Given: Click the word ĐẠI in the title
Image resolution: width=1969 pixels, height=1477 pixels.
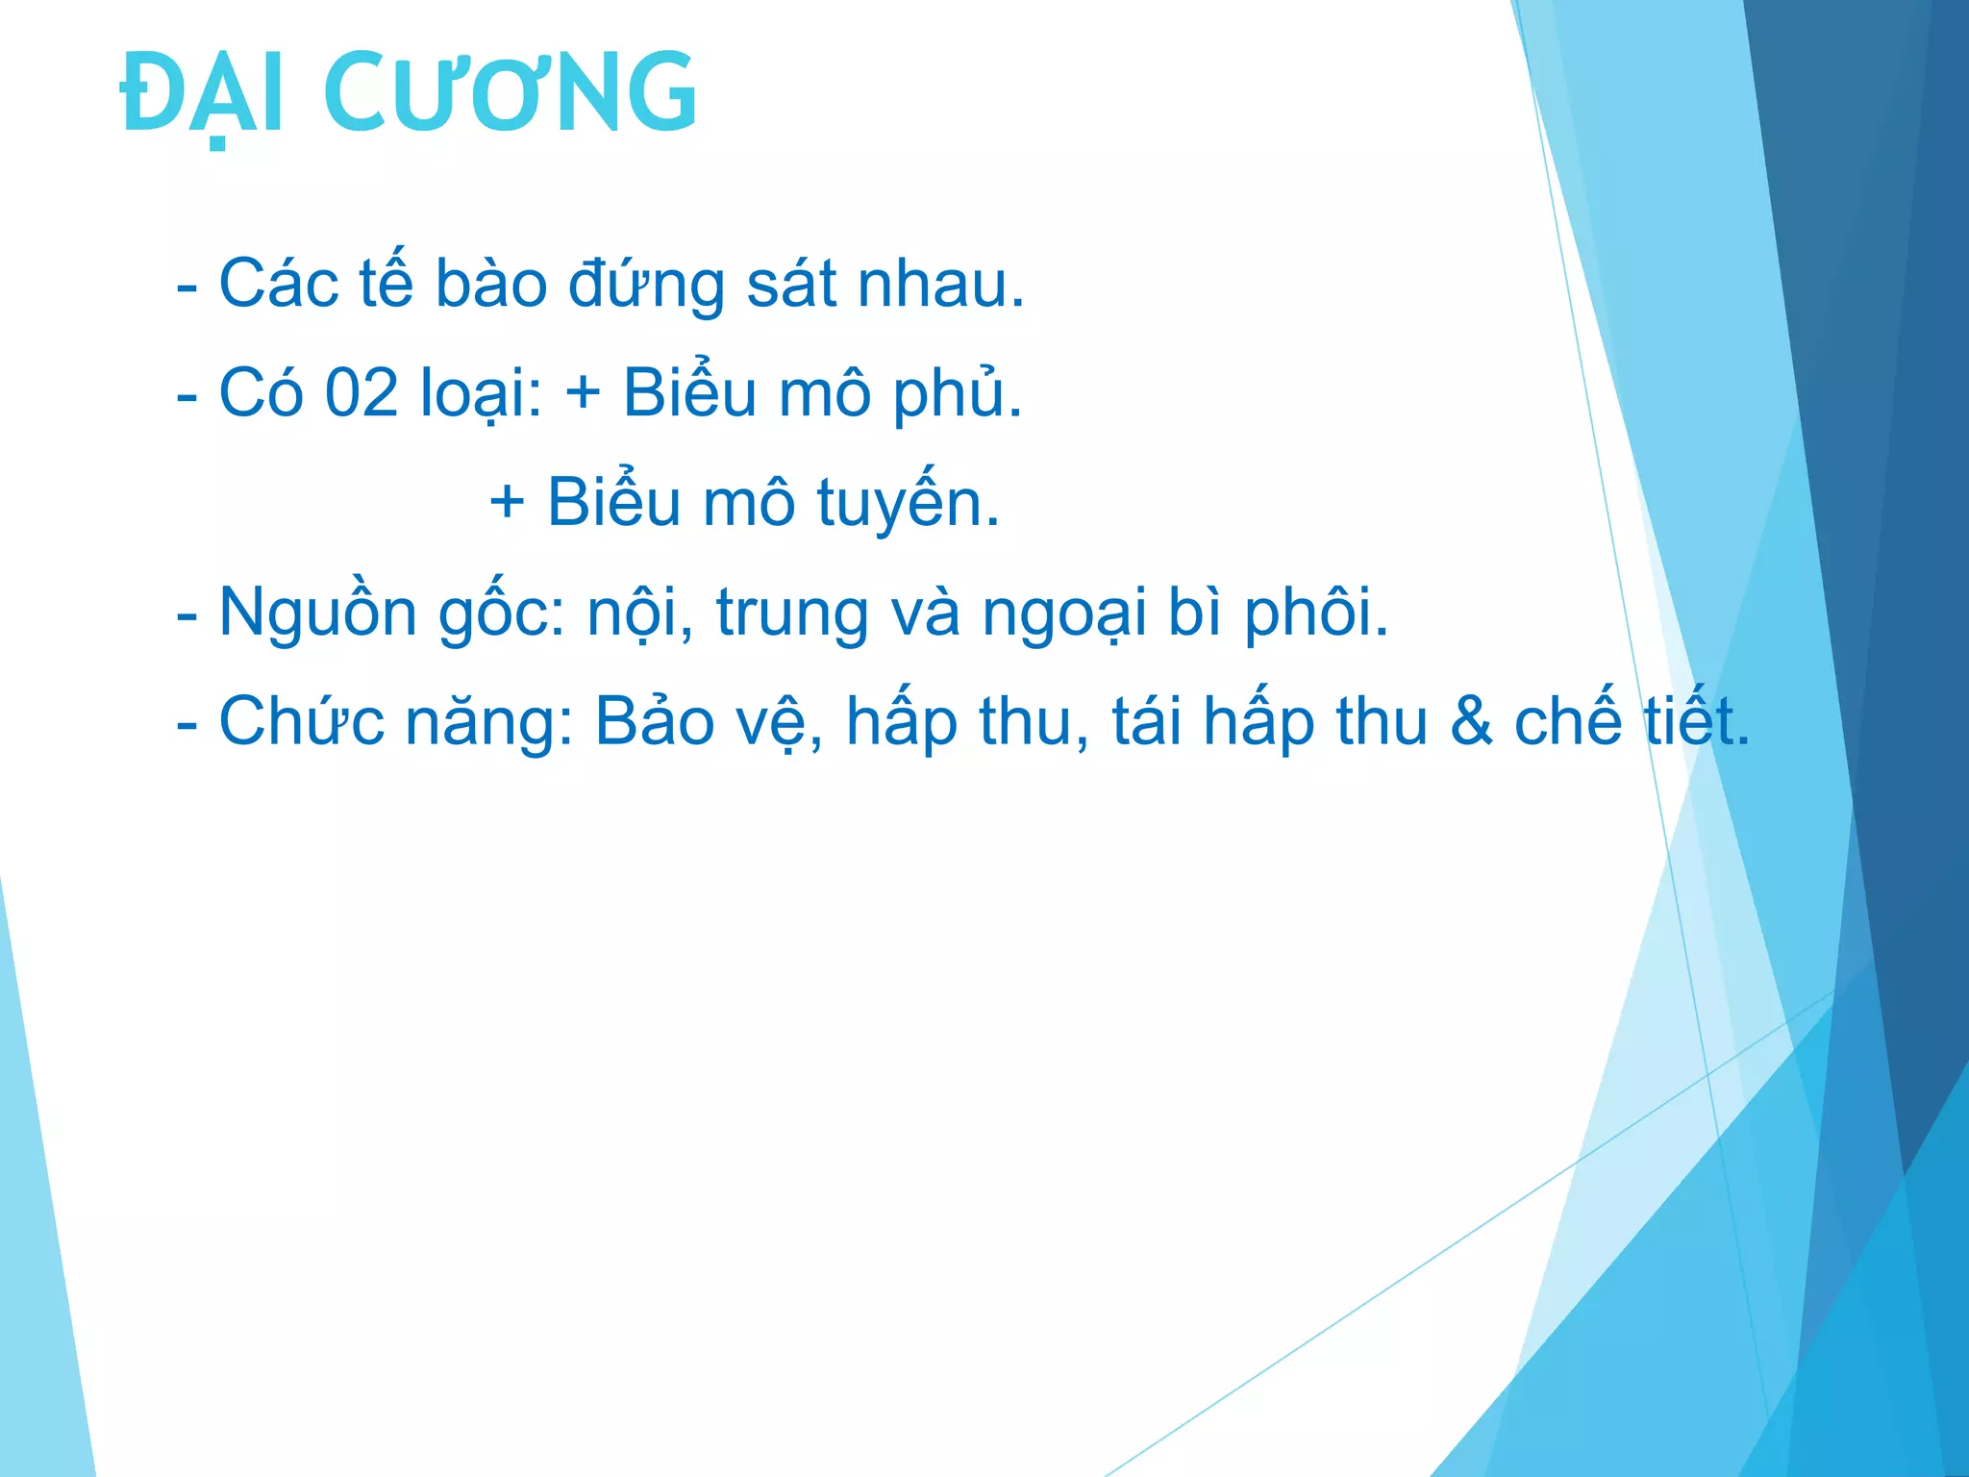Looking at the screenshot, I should tap(202, 93).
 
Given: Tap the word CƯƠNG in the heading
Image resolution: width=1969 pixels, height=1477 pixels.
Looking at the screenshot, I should tap(511, 93).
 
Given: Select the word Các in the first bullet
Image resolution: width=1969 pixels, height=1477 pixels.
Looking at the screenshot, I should tap(279, 284).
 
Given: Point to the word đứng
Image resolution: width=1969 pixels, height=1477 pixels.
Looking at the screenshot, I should tap(646, 286).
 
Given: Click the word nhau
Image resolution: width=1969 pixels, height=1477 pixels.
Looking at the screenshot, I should tap(940, 284).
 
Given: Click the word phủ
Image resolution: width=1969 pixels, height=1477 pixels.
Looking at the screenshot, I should tap(957, 395).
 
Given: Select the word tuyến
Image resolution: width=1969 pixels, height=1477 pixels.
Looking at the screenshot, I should tap(908, 504).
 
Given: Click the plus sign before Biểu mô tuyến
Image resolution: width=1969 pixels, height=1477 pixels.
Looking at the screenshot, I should tap(507, 502).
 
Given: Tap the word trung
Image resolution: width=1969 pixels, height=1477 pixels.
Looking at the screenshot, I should tap(792, 613).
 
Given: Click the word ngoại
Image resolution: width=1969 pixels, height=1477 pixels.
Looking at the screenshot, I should tap(1064, 613).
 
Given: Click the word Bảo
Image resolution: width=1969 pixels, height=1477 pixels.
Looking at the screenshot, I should tap(655, 721).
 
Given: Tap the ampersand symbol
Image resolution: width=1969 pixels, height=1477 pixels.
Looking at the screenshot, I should tap(1471, 721).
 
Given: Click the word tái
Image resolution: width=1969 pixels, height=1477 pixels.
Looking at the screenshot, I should tap(1147, 721).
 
